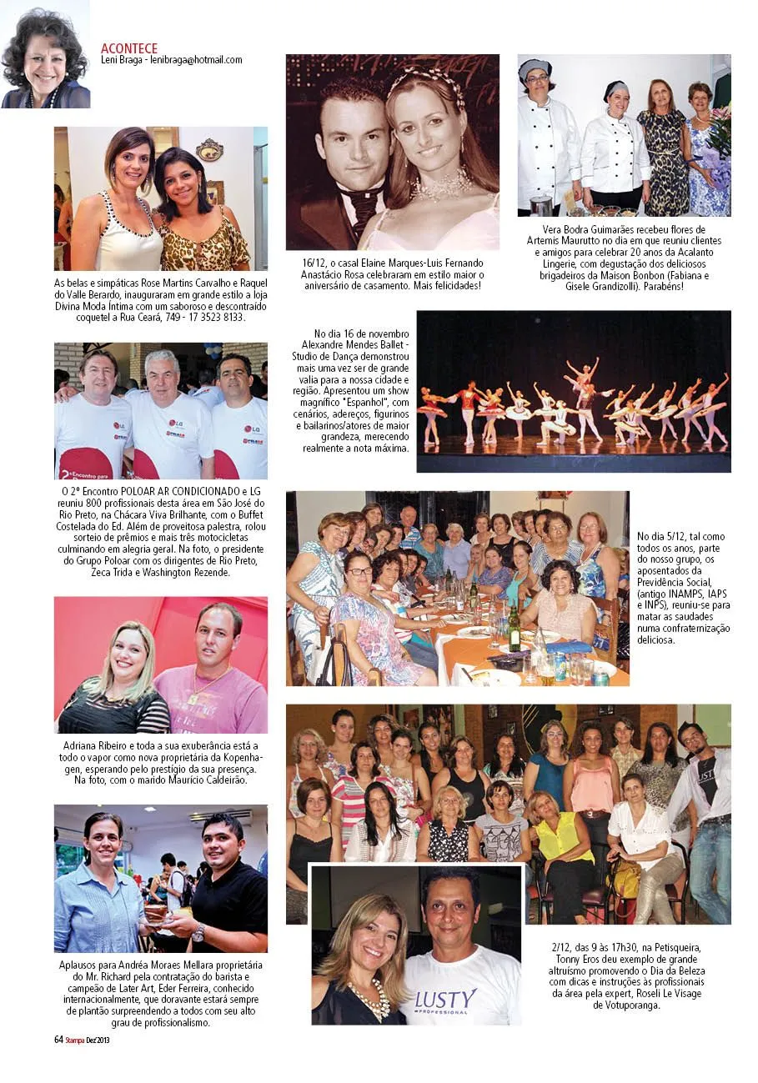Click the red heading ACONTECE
coord(128,48)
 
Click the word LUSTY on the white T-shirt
coord(445,998)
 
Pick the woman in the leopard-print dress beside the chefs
coord(663,150)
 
